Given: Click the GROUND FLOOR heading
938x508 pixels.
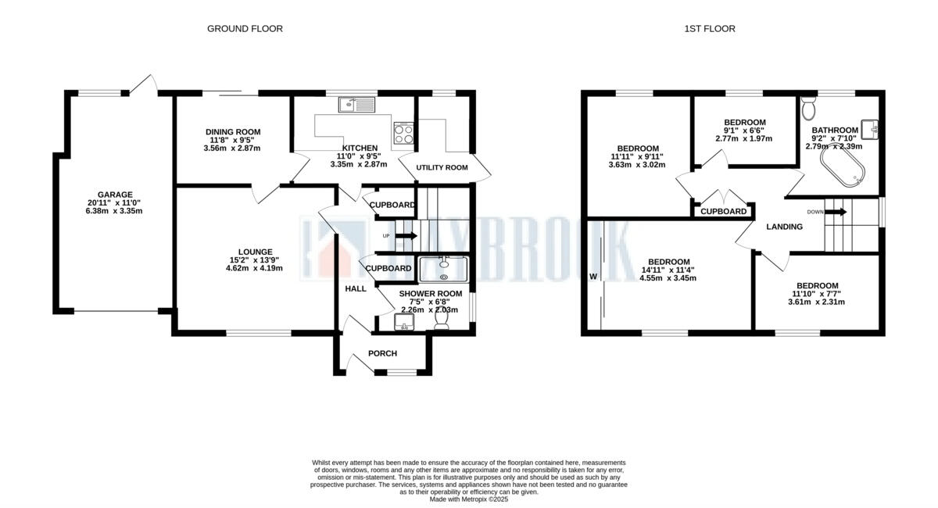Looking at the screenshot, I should (x=245, y=29).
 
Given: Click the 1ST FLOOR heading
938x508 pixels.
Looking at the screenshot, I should (x=710, y=29).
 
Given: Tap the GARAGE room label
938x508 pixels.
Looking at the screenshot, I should (x=115, y=195).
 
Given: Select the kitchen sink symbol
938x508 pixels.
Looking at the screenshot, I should (x=357, y=104).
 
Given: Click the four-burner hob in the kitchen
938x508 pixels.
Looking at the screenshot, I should (x=403, y=133).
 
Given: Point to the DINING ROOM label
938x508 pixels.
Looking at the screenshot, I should (x=233, y=132).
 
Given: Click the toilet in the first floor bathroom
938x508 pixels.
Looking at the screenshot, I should (x=808, y=106).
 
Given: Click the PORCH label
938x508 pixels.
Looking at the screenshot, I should (x=383, y=353).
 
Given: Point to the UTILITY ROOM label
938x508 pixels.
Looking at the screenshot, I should (x=442, y=168).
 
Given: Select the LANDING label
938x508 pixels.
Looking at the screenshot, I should (x=784, y=227).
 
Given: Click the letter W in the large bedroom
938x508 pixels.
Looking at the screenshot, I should (x=593, y=277).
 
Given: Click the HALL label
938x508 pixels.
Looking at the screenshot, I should (x=356, y=289).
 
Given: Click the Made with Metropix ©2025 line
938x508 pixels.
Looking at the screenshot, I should (x=469, y=499).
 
